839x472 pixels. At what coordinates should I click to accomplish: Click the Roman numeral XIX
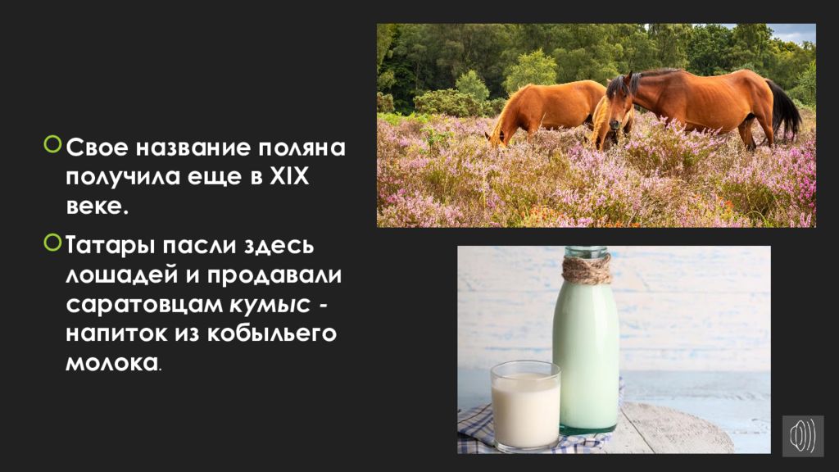289,177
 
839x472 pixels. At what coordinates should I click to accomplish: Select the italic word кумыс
269,305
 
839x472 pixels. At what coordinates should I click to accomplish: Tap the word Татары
111,246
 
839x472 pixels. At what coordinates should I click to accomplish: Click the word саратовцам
144,306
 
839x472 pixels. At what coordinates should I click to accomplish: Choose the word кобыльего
271,334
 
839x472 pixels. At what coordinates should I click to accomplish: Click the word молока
111,363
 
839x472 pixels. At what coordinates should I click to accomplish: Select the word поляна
302,148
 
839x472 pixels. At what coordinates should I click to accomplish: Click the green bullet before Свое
52,144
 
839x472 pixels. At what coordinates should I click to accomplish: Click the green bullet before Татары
52,243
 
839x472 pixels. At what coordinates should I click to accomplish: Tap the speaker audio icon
803,436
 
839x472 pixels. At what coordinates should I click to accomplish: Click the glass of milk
525,406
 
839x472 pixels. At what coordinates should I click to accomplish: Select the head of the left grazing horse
497,138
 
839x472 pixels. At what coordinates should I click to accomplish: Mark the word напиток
116,334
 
